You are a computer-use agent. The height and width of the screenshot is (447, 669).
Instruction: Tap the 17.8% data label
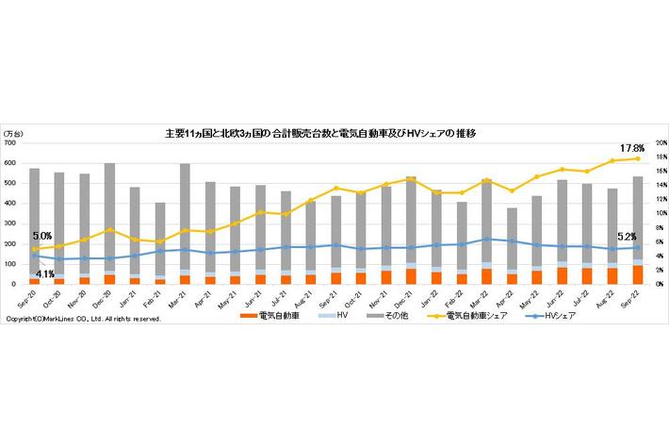(631, 148)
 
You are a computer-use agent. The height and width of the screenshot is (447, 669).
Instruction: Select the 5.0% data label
(42, 236)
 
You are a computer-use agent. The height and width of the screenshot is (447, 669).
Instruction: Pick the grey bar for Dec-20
(109, 217)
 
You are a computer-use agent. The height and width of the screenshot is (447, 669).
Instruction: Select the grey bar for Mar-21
(185, 217)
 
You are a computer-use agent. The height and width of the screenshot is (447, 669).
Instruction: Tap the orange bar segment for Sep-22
(637, 274)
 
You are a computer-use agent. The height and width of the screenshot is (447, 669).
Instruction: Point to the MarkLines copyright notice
(83, 320)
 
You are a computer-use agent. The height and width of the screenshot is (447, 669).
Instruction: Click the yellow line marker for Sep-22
(637, 158)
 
